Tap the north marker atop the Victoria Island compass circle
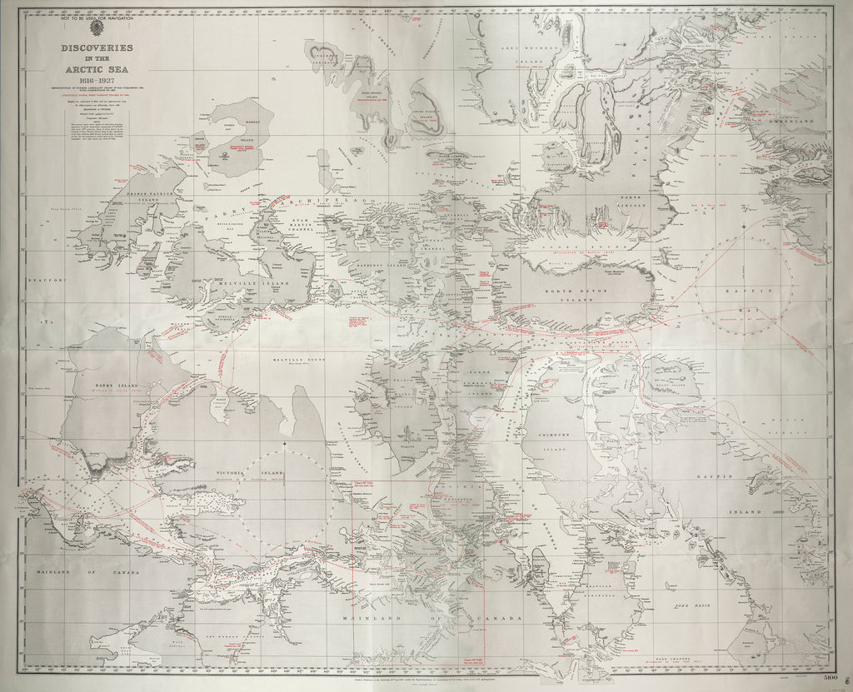click(x=283, y=447)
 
